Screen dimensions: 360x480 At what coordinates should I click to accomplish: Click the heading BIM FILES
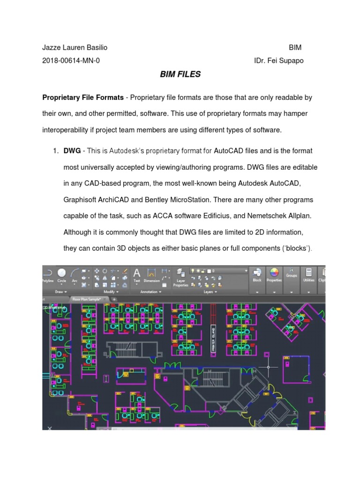click(x=180, y=74)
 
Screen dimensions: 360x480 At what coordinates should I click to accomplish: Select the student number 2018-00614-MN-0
click(x=71, y=60)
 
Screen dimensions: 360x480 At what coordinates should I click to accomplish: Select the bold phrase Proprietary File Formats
click(x=83, y=97)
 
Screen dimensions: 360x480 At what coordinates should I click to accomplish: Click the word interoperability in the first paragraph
click(x=70, y=129)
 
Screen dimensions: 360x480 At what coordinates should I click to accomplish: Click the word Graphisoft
click(x=82, y=199)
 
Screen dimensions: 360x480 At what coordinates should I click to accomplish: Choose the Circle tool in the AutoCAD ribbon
click(x=62, y=274)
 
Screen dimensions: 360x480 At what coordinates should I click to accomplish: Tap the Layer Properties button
click(x=180, y=277)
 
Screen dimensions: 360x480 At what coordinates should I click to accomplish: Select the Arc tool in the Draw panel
click(x=75, y=274)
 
